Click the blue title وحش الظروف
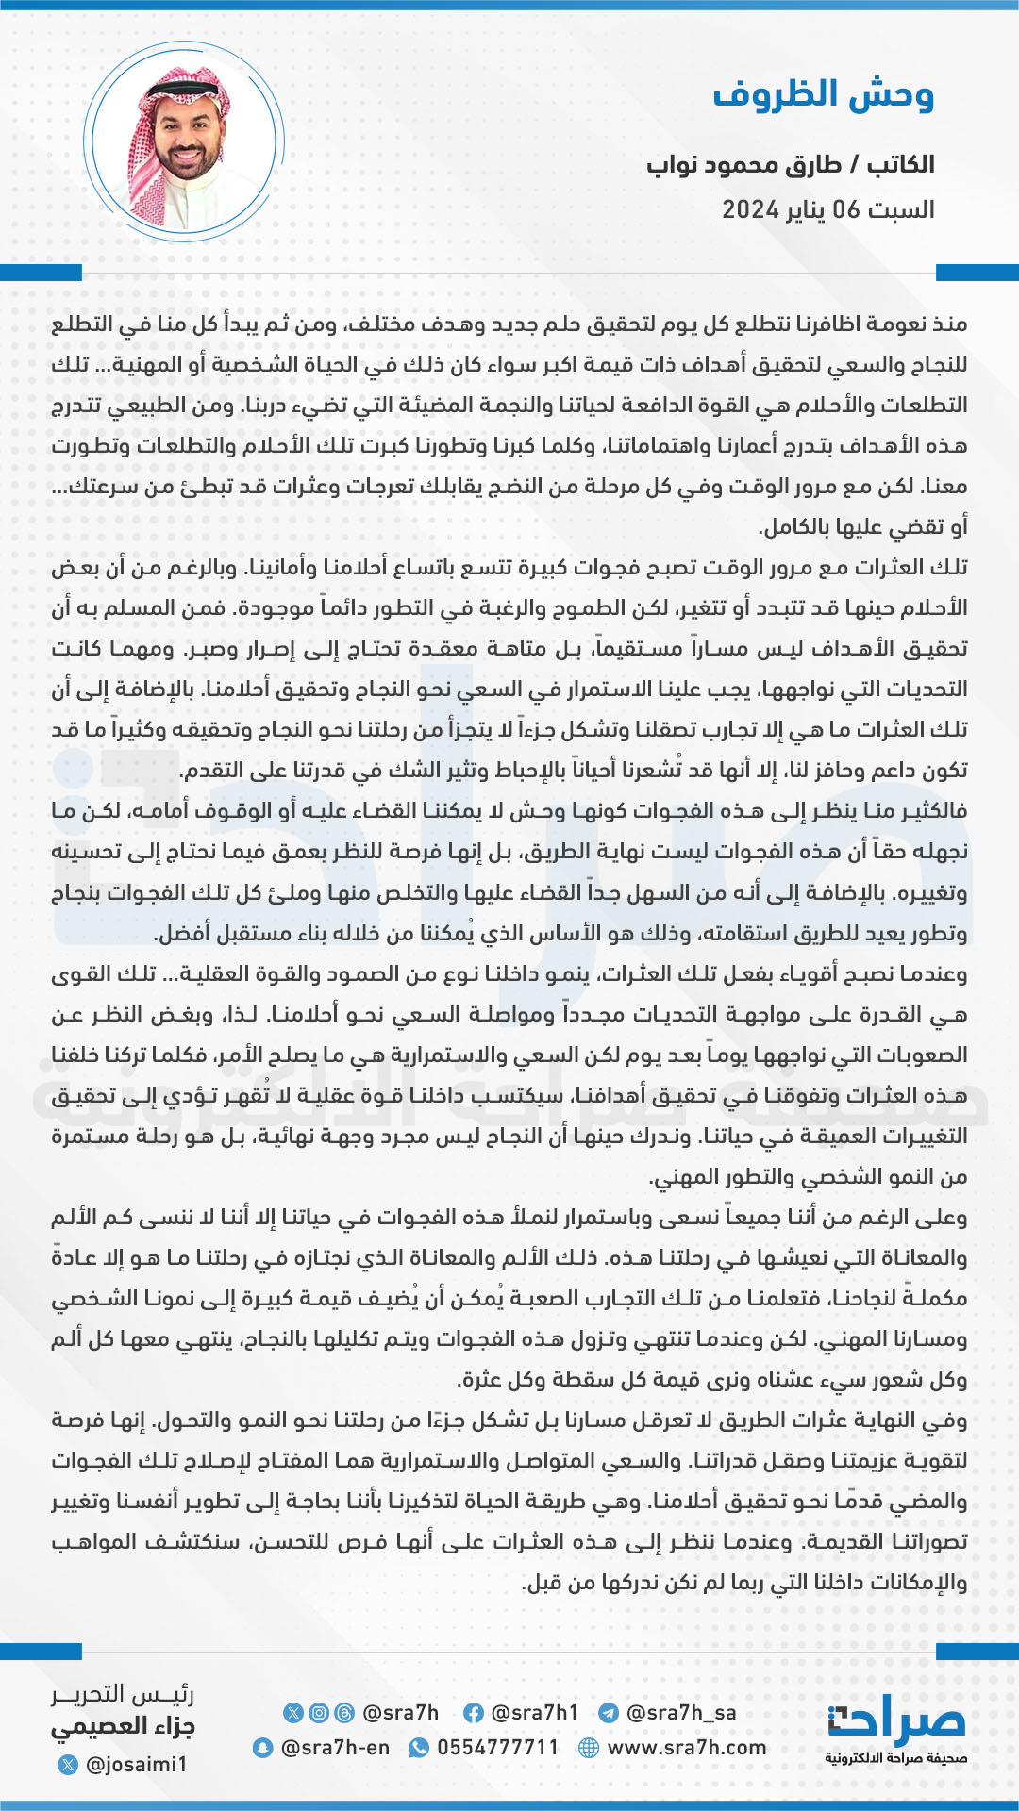click(823, 95)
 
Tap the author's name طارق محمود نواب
click(744, 165)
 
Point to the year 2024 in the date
click(750, 209)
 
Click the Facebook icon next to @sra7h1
click(474, 1713)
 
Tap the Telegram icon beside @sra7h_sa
click(609, 1713)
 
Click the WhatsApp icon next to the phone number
click(419, 1748)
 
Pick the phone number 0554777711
click(497, 1748)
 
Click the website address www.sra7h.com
click(687, 1748)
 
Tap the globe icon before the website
click(589, 1748)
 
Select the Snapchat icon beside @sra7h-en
click(263, 1748)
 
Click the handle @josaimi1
click(136, 1764)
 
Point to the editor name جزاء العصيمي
click(123, 1727)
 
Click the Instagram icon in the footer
click(319, 1713)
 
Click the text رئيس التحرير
click(123, 1694)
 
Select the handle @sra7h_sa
click(680, 1713)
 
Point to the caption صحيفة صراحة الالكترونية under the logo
click(896, 1759)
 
